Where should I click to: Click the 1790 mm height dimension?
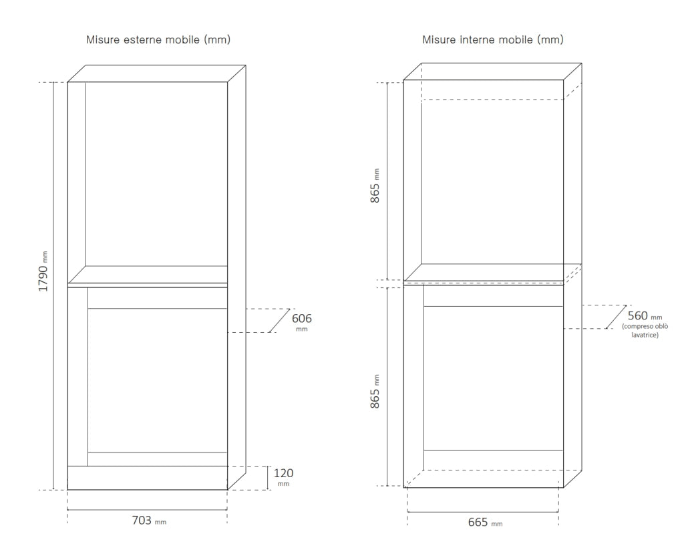point(43,271)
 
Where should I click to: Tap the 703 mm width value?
point(149,520)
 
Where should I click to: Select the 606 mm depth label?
point(301,321)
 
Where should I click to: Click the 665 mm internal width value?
point(485,522)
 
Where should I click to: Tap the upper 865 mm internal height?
point(375,186)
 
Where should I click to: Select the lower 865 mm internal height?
point(375,392)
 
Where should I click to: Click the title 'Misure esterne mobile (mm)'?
point(158,39)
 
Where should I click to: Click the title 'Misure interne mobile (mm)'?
point(493,39)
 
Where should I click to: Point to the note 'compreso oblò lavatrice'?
point(645,330)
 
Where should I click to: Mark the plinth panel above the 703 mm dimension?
point(148,478)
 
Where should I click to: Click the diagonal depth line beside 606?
point(279,321)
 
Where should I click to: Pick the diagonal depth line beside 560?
point(616,317)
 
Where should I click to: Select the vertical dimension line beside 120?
point(267,478)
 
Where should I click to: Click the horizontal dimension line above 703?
point(147,509)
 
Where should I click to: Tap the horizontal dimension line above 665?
point(482,511)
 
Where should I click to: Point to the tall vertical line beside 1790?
point(53,286)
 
